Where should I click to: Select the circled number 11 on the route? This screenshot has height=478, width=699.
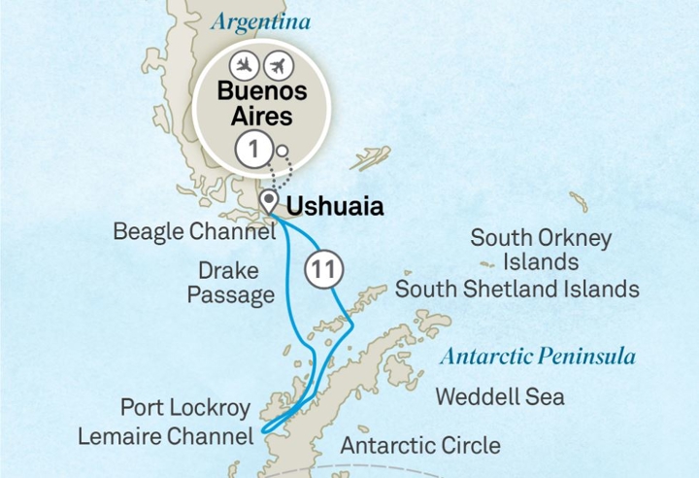(320, 268)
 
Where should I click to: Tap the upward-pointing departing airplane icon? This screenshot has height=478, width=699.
(277, 66)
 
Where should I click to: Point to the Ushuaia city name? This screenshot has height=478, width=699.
(329, 206)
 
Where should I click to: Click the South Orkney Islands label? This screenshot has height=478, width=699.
(541, 250)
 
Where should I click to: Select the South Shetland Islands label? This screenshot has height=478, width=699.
(516, 289)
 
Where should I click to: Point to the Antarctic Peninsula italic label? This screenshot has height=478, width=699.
(537, 356)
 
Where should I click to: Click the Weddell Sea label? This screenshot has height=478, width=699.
(500, 396)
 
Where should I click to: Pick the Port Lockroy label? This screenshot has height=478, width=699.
(184, 406)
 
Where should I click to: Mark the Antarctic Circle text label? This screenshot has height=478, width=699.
(420, 446)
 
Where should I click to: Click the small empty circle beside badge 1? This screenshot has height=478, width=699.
(281, 151)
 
